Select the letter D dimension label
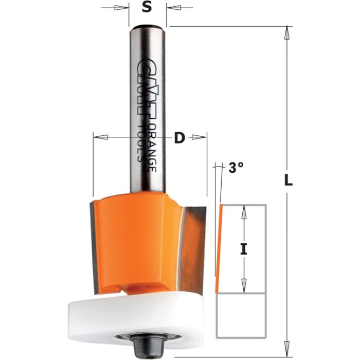[179, 138]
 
